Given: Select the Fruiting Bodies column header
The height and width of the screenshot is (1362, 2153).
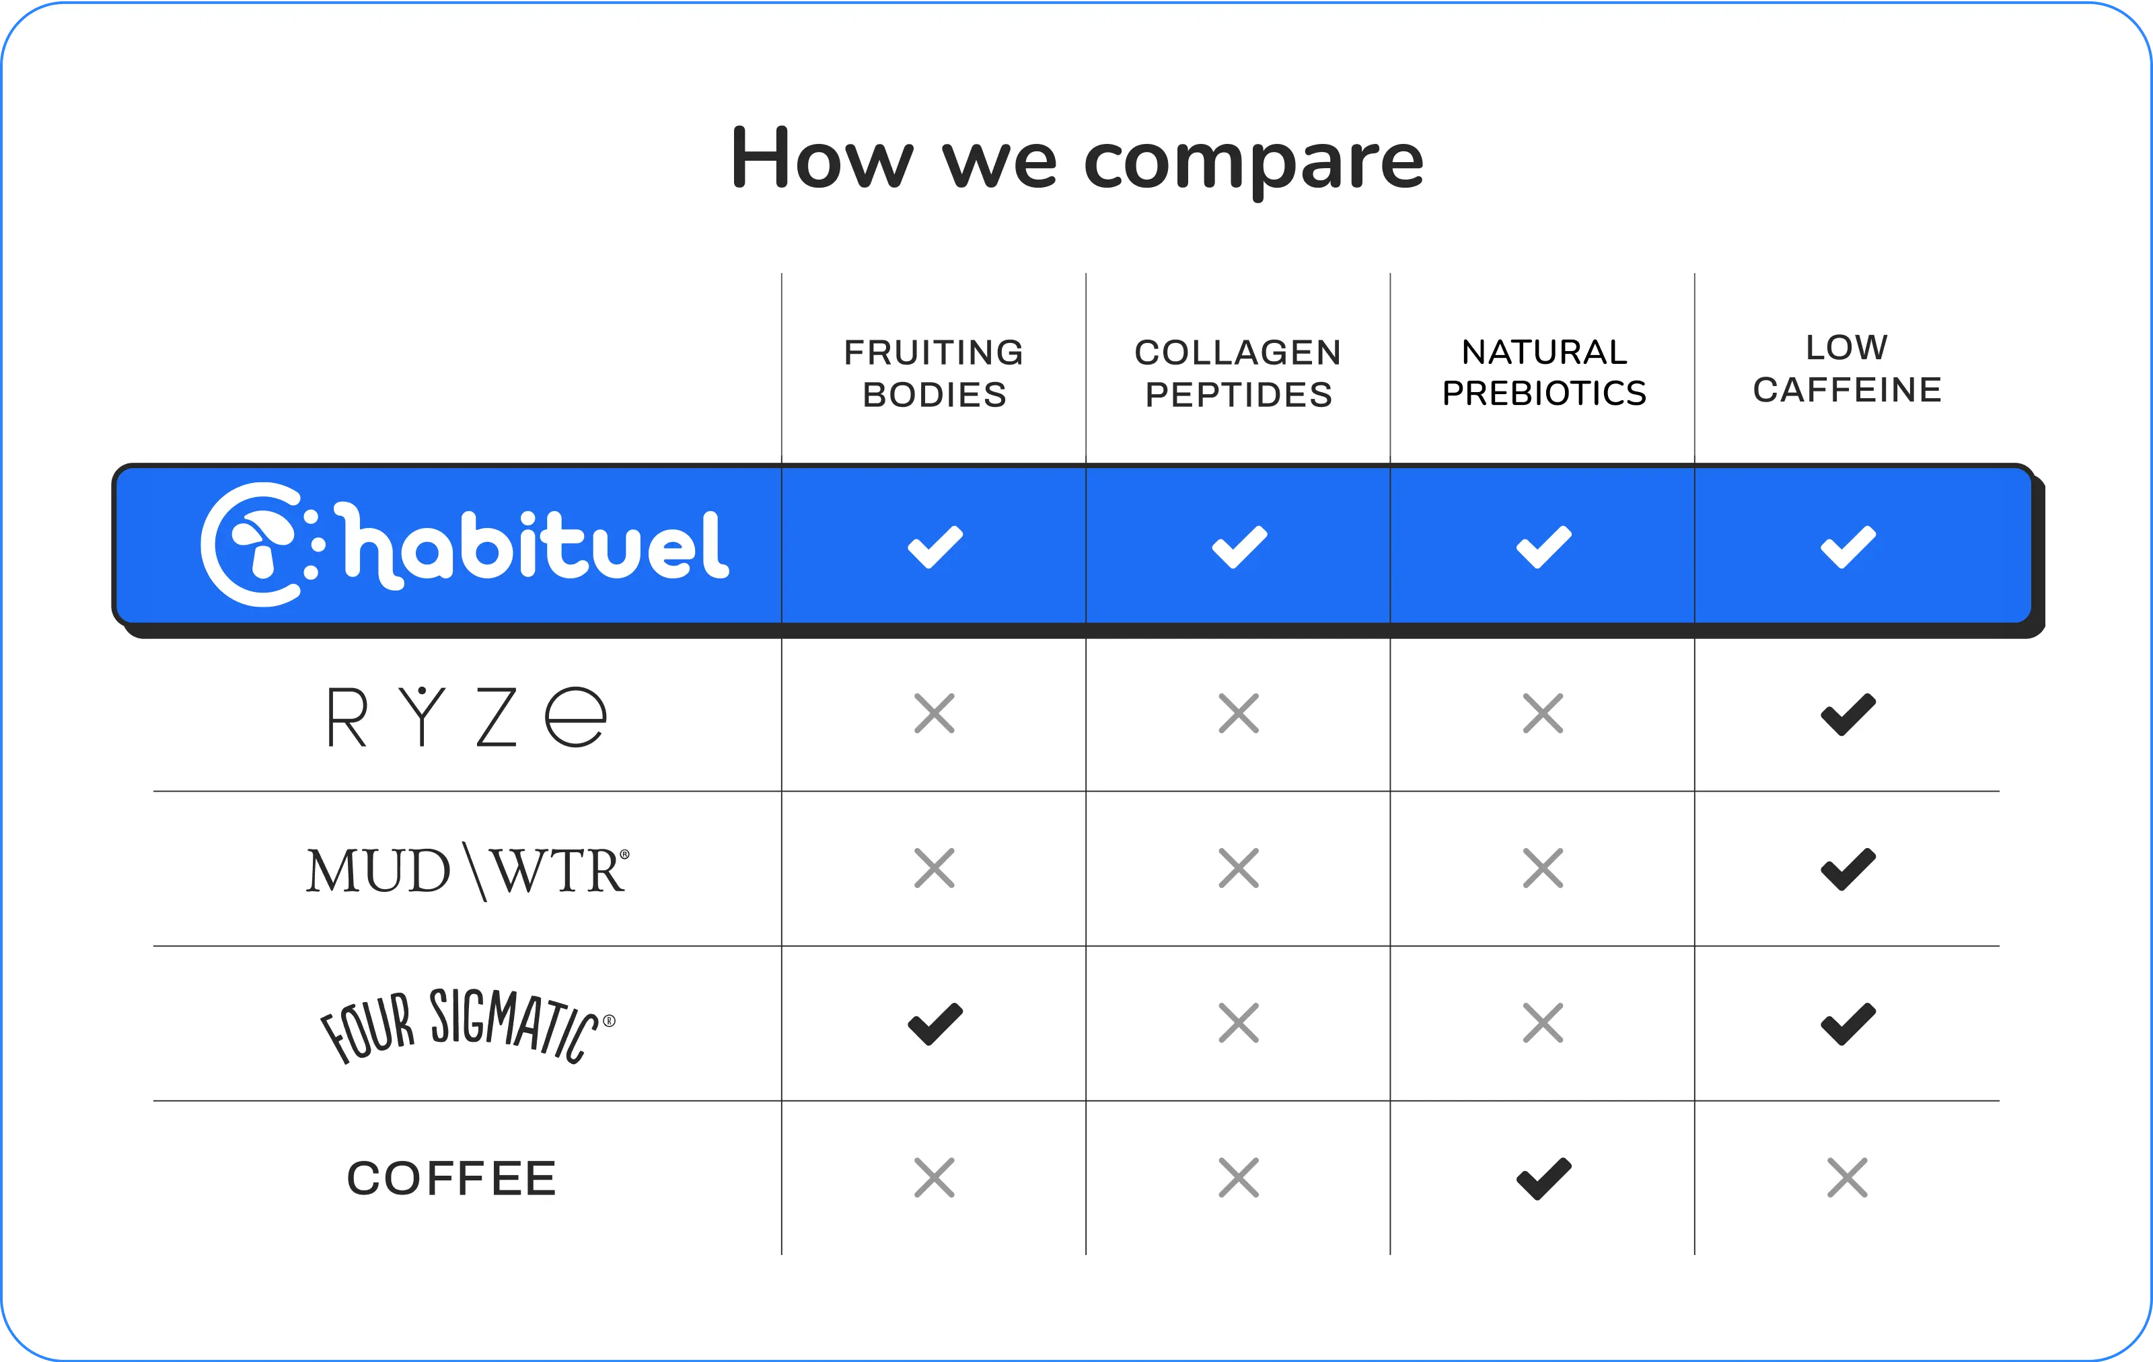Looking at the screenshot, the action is click(x=935, y=373).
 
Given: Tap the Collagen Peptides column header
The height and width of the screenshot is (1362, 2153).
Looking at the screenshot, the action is click(x=1239, y=373).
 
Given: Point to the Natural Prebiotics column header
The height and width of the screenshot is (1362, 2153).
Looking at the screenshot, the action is click(x=1544, y=373).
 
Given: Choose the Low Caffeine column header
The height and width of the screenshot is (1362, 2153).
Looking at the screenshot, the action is click(x=1848, y=368).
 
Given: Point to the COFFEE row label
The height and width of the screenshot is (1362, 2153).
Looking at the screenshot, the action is click(x=451, y=1178).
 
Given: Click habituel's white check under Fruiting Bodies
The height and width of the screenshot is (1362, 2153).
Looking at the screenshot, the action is click(x=935, y=547).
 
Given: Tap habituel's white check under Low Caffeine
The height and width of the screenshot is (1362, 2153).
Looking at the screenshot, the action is click(x=1848, y=547).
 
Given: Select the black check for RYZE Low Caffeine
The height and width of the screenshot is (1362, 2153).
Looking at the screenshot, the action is click(x=1848, y=715).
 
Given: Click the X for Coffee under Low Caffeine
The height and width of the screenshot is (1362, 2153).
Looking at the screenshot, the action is click(x=1848, y=1178).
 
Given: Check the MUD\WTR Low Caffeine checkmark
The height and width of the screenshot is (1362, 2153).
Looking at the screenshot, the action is click(x=1848, y=870).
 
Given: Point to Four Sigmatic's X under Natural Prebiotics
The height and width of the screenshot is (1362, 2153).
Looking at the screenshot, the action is click(x=1543, y=1023).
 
